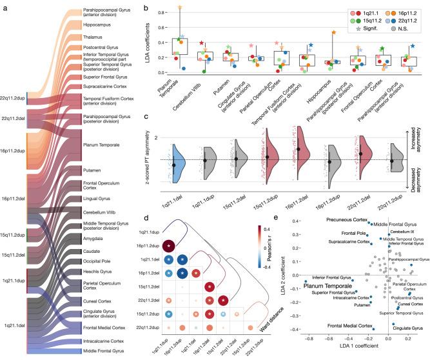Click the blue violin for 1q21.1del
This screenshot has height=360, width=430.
pos(177,163)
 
